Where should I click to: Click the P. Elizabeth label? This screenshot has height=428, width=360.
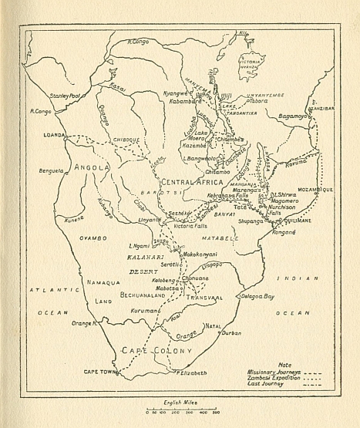tap(190, 372)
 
